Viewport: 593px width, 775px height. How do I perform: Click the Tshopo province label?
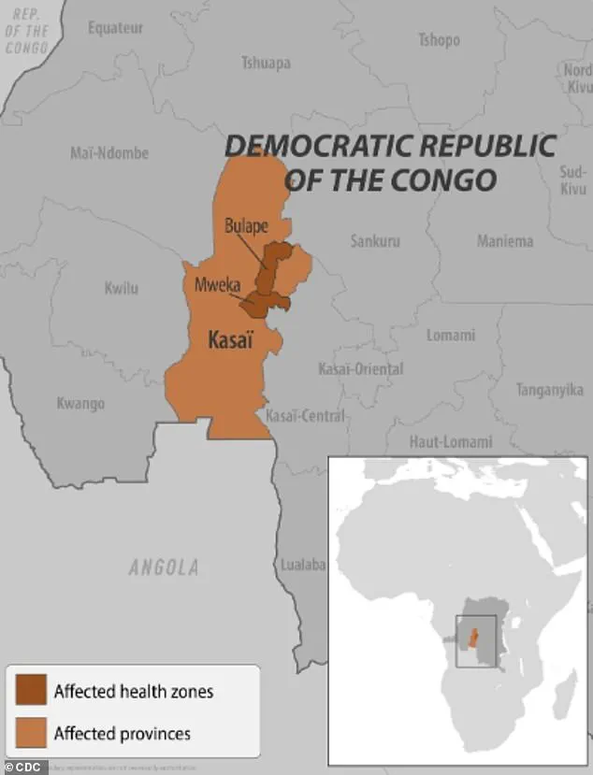(x=439, y=40)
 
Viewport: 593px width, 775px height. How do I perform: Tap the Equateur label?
(x=116, y=28)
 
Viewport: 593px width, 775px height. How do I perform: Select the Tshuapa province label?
(x=266, y=64)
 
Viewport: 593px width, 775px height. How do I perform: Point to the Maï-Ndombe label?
(x=109, y=153)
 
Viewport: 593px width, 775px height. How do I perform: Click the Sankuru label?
(x=375, y=241)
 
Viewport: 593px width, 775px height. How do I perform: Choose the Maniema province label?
(x=505, y=241)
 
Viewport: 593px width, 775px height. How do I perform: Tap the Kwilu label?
(x=121, y=288)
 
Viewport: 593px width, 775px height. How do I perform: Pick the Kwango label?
(x=80, y=404)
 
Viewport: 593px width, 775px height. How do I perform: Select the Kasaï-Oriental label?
(x=361, y=369)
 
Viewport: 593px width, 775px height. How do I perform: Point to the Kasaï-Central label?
(x=305, y=415)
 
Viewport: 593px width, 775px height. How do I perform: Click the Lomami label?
(x=451, y=335)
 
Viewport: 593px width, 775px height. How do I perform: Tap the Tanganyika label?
(x=550, y=391)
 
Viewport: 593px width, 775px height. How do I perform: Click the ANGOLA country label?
(x=164, y=567)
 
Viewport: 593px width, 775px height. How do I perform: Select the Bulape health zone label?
(x=247, y=226)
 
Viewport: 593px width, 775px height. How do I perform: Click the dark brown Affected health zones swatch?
(x=30, y=691)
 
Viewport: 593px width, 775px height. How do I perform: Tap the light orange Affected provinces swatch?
(x=30, y=732)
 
